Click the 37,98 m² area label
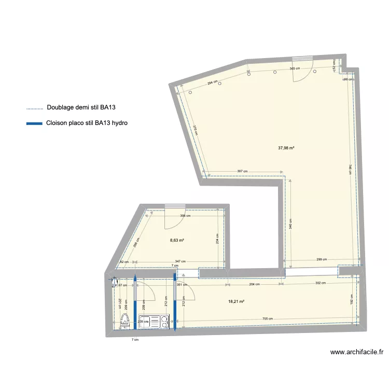click(x=286, y=148)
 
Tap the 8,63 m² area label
click(x=177, y=240)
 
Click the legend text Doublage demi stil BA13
click(x=80, y=108)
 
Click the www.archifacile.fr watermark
click(x=357, y=352)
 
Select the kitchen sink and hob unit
click(x=154, y=322)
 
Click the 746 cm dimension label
click(x=350, y=170)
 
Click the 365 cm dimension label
click(x=295, y=69)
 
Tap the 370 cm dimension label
click(x=196, y=131)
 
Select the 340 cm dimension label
click(x=291, y=224)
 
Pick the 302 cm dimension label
click(x=320, y=283)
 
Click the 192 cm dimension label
click(x=351, y=300)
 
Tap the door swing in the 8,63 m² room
click(x=172, y=219)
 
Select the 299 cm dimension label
click(x=322, y=259)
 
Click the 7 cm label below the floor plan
click(x=135, y=340)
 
